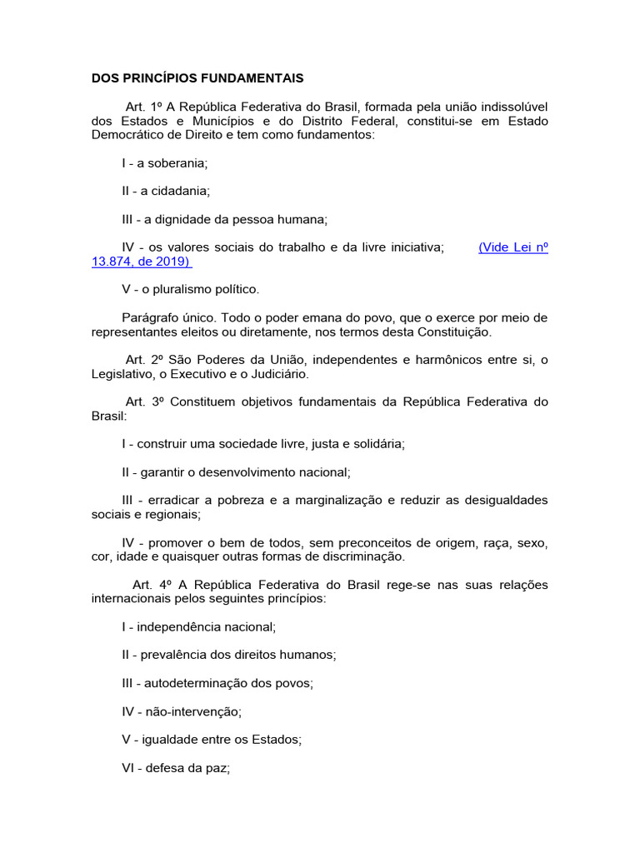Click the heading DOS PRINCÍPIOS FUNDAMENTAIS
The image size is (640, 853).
pyautogui.click(x=197, y=78)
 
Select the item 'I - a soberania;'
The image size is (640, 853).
pyautogui.click(x=164, y=162)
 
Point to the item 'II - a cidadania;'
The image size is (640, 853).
pyautogui.click(x=166, y=191)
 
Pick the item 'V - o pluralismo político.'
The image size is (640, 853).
pyautogui.click(x=191, y=289)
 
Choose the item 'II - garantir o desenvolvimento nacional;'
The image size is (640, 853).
pyautogui.click(x=236, y=471)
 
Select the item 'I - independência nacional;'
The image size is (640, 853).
pyautogui.click(x=198, y=626)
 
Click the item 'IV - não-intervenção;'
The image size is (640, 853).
pyautogui.click(x=181, y=711)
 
